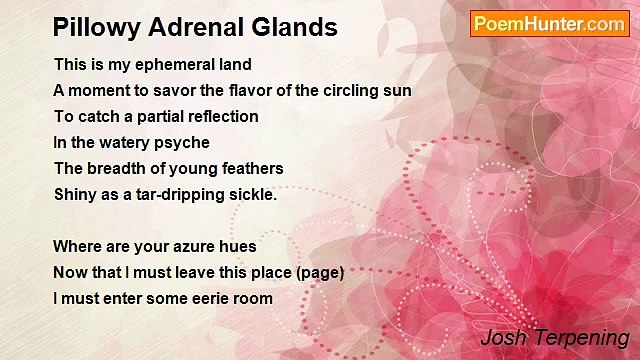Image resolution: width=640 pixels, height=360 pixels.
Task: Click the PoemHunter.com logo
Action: pyautogui.click(x=549, y=24)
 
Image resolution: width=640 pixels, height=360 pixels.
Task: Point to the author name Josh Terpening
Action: pyautogui.click(x=554, y=337)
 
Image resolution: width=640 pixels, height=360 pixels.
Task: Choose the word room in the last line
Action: pyautogui.click(x=253, y=298)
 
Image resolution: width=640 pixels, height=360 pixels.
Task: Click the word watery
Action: pyautogui.click(x=118, y=142)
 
